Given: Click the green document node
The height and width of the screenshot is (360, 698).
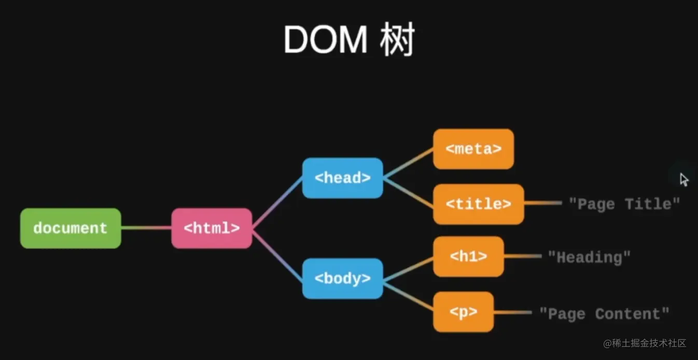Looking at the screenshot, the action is (x=71, y=228).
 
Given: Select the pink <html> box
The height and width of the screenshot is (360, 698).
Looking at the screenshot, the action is (x=212, y=228).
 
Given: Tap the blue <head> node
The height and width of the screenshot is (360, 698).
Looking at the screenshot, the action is (x=342, y=178).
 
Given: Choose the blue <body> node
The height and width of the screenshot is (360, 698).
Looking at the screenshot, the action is (x=342, y=279).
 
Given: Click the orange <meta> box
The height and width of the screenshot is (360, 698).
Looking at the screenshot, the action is (x=473, y=149).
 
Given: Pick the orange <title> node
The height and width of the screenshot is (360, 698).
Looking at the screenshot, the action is (x=479, y=204).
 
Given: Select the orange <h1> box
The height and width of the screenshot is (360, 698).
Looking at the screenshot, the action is (x=468, y=257).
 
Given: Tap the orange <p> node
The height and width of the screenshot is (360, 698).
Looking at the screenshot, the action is (x=464, y=312).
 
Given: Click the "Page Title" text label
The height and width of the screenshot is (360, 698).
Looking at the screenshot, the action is (x=624, y=204).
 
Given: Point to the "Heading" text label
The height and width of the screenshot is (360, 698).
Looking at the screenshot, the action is (x=589, y=257).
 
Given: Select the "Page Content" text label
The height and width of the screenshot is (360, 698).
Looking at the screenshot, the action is (x=604, y=313).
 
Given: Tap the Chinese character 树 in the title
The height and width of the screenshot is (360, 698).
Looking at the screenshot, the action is (x=397, y=39).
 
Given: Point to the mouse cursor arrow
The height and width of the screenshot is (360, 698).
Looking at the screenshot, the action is (x=683, y=180).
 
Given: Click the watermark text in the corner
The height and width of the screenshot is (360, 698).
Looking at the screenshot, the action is (x=645, y=343).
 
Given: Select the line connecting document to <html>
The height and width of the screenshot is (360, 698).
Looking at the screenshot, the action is (x=146, y=228).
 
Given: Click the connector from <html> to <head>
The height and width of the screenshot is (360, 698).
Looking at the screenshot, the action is (x=277, y=203).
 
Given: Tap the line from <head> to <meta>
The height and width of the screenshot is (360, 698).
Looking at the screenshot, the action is (x=408, y=163).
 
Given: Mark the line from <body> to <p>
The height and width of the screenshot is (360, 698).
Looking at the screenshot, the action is (x=408, y=296).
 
